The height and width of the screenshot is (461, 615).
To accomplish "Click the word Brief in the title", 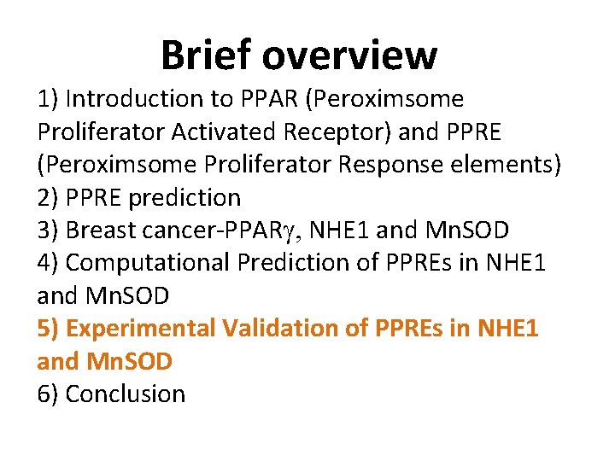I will coord(207,55).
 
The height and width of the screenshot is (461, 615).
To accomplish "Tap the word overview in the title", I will coord(350,55).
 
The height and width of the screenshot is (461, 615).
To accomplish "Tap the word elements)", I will coord(507,165).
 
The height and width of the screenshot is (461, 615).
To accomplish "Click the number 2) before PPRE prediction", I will coord(48,198).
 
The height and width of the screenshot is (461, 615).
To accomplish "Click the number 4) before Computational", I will coord(48,263).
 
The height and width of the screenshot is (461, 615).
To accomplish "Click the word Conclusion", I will coord(125,394).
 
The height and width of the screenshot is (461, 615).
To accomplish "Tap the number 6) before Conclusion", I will coord(48,394).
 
